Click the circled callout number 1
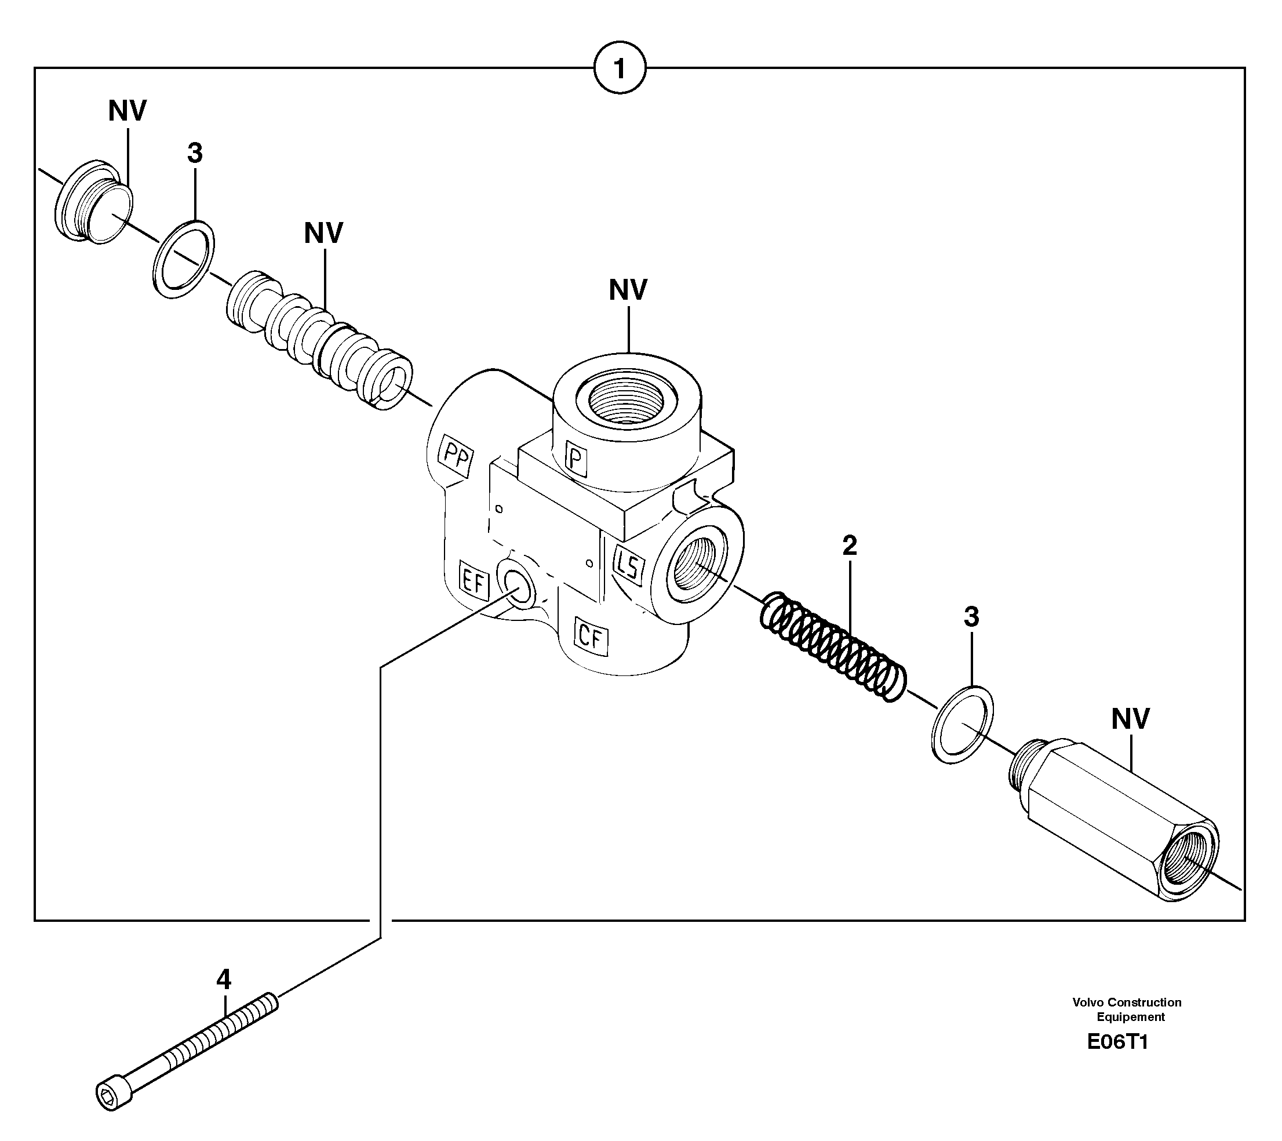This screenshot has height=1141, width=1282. [x=619, y=68]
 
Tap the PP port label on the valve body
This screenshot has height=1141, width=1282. [x=456, y=457]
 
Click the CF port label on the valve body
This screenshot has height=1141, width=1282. [x=591, y=638]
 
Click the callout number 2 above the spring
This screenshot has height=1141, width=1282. [x=849, y=546]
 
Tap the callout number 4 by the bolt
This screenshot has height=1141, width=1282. [x=223, y=979]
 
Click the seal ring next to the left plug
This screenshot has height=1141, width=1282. [x=183, y=259]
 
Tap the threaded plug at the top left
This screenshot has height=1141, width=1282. [x=94, y=201]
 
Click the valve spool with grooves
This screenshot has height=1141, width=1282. [x=319, y=339]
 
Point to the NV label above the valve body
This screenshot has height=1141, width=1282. [x=628, y=290]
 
